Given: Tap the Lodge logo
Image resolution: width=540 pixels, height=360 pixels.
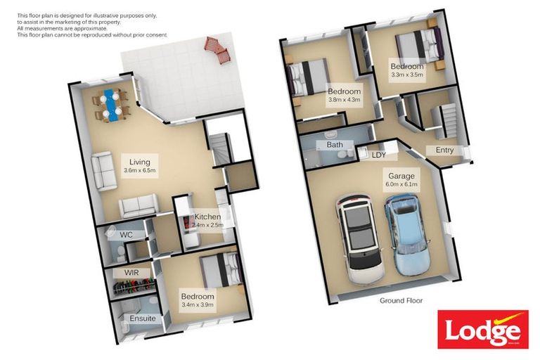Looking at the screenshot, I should pos(482,329).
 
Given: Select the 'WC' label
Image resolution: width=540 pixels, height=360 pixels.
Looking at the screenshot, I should pos(127,234).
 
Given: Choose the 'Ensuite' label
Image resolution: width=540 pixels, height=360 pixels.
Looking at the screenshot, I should pos(143,319).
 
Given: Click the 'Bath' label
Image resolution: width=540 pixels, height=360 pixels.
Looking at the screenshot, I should pos(335,145).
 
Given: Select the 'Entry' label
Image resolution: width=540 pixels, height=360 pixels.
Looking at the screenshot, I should pos(444,150).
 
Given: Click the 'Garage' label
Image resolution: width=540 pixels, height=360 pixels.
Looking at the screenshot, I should pos(399,175).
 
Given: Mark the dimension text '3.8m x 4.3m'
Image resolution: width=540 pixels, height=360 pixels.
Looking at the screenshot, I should pos(344,100).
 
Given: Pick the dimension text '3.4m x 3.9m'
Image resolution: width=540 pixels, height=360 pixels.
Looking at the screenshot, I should pos(197,305).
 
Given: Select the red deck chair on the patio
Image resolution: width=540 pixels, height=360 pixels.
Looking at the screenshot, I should pos(215,49).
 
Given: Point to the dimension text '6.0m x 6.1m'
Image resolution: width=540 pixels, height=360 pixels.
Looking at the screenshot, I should pos(399,184).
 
